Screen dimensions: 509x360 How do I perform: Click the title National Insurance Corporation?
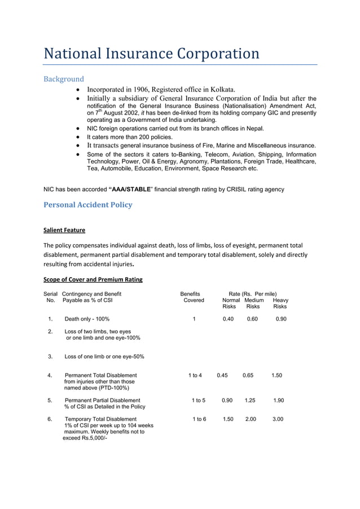coord(151,54)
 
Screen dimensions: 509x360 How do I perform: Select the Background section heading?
coord(64,79)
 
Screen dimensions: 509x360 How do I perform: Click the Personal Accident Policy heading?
coord(88,204)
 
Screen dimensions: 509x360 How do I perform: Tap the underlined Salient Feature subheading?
coord(64,230)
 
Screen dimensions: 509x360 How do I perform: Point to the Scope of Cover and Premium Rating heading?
coord(93,279)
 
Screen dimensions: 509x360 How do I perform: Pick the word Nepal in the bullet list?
coord(247,129)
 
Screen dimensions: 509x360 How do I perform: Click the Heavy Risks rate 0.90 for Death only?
coord(281,319)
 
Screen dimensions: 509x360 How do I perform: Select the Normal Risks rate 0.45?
coord(222,375)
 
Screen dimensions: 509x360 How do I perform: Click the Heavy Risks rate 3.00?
coord(278,419)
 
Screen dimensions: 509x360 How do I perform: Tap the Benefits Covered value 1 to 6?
coord(199,419)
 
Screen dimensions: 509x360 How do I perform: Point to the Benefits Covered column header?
coord(191,297)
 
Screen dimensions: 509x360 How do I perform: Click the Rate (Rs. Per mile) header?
coord(253,293)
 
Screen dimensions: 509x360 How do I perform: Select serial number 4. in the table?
coord(50,375)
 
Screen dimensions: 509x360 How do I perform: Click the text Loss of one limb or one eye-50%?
coord(104,357)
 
